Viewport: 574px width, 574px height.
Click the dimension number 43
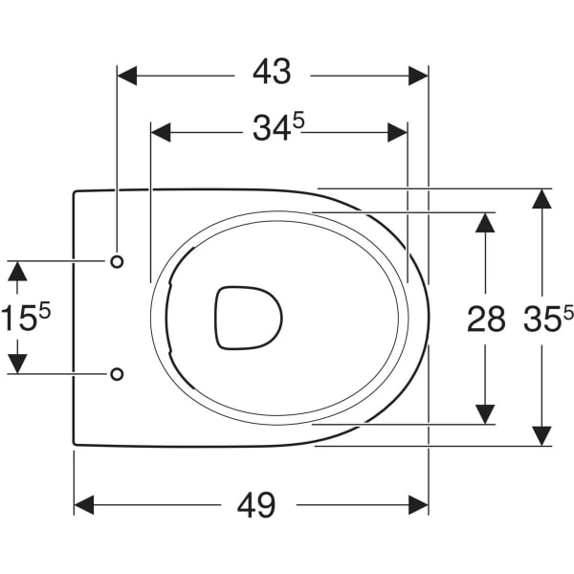point(272,72)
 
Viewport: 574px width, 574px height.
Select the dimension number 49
point(256,505)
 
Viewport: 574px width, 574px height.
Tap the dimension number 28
point(486,320)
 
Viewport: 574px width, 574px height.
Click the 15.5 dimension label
point(26,317)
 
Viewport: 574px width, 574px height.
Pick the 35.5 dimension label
point(548,319)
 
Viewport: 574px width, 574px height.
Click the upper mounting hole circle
point(117,261)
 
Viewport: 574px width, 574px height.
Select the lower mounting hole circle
point(117,374)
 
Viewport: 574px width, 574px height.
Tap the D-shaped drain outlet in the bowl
point(249,318)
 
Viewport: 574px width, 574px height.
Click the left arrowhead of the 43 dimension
point(127,76)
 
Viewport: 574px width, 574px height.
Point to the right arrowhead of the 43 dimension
point(418,76)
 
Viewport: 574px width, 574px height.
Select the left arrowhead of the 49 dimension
point(84,505)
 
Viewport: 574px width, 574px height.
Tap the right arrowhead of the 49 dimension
point(418,505)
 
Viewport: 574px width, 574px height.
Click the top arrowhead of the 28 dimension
point(485,223)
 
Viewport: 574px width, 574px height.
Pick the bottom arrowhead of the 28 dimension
point(485,414)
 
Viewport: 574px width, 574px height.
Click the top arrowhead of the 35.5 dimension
point(541,199)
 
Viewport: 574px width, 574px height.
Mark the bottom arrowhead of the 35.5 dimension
point(541,436)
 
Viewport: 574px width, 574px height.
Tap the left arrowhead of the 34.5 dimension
point(161,132)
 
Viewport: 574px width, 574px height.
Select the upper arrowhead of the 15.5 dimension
point(17,272)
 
